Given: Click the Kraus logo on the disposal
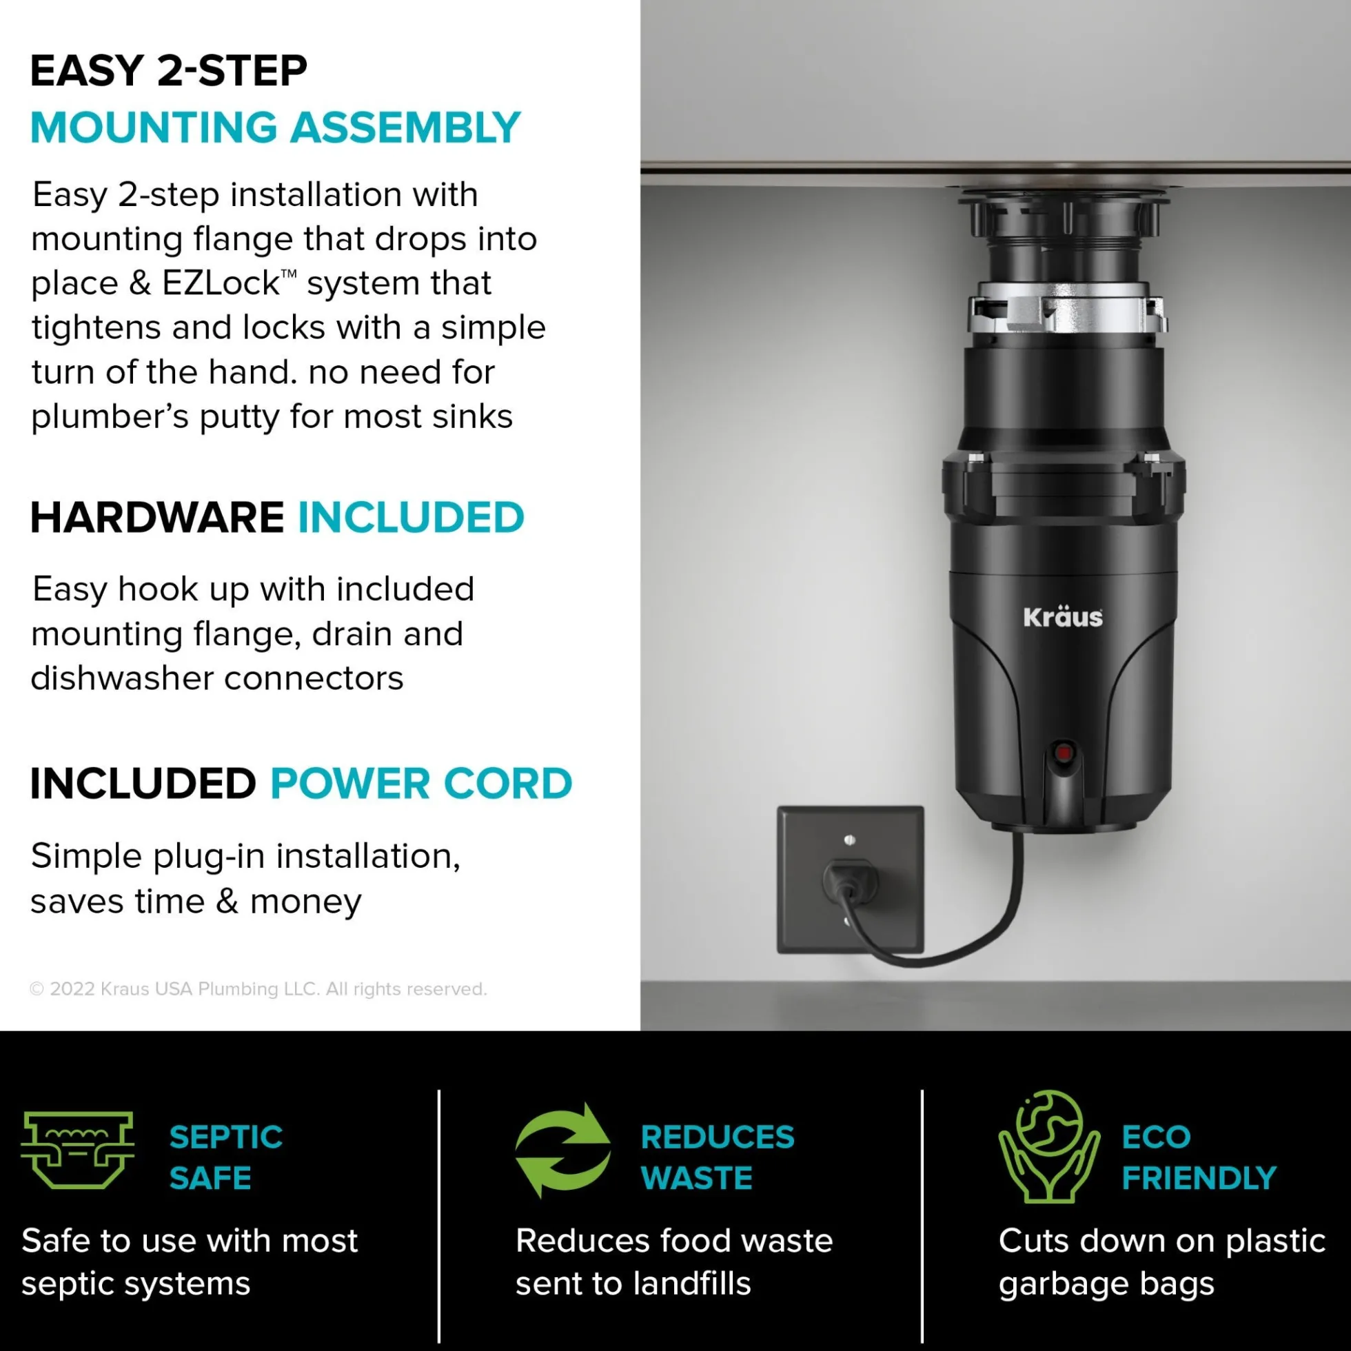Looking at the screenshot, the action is (x=1062, y=617).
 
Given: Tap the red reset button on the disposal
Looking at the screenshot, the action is (x=1063, y=754).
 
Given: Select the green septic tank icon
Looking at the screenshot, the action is (x=77, y=1150).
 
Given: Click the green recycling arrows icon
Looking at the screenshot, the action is (x=563, y=1150).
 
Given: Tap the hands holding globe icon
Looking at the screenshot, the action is (x=1048, y=1146).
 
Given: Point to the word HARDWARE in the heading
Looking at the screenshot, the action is (x=157, y=518).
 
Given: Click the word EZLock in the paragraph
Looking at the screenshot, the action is (x=222, y=283).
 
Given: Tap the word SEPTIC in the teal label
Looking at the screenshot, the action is (x=226, y=1137).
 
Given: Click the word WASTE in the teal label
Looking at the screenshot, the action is (x=696, y=1178).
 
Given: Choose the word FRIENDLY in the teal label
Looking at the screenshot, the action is (x=1199, y=1178).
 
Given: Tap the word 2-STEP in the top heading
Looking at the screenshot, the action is (x=232, y=70).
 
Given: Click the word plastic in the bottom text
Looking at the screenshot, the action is (x=1275, y=1242).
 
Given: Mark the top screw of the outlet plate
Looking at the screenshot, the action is (x=850, y=839).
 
